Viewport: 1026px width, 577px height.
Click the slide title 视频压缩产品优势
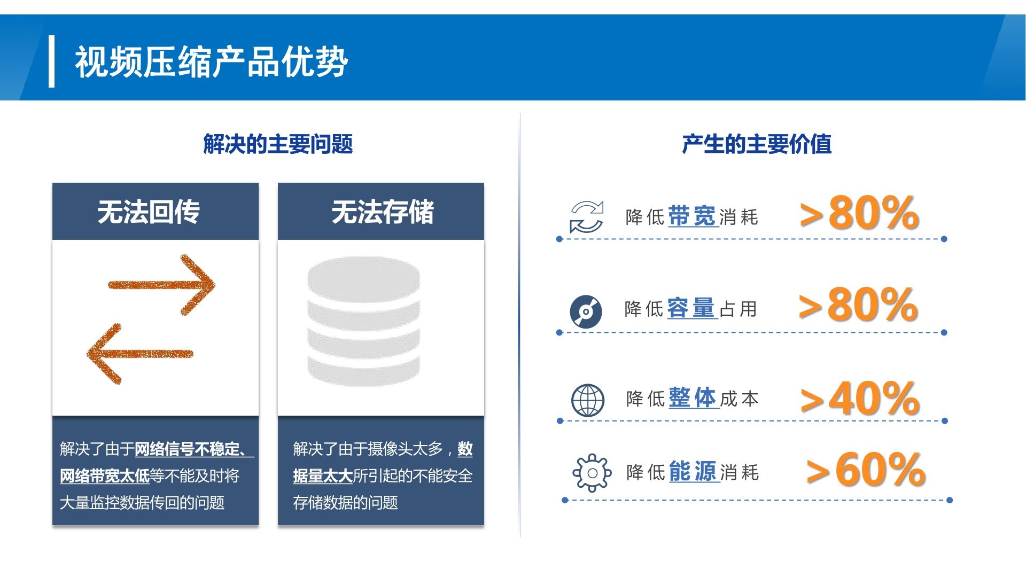point(212,62)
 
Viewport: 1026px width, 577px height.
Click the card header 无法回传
point(149,212)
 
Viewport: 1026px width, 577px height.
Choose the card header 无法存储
point(383,212)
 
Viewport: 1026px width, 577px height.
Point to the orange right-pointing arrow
point(161,285)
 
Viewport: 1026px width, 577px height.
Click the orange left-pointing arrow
point(140,353)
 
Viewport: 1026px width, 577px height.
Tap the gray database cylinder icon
point(363,321)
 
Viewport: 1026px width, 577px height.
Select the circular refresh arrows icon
point(586,217)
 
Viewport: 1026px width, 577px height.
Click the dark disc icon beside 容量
point(586,311)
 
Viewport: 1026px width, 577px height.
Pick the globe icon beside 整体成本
point(588,400)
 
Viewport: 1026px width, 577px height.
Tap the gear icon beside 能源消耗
point(592,473)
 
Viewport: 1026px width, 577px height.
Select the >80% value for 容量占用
point(858,304)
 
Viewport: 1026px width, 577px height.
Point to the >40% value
point(860,398)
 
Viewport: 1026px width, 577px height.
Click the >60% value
point(866,470)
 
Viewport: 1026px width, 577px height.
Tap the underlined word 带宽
point(692,216)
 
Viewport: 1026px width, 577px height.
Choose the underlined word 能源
point(693,472)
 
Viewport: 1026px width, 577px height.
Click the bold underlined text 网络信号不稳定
point(187,449)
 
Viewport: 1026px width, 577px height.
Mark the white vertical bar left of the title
point(51,61)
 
